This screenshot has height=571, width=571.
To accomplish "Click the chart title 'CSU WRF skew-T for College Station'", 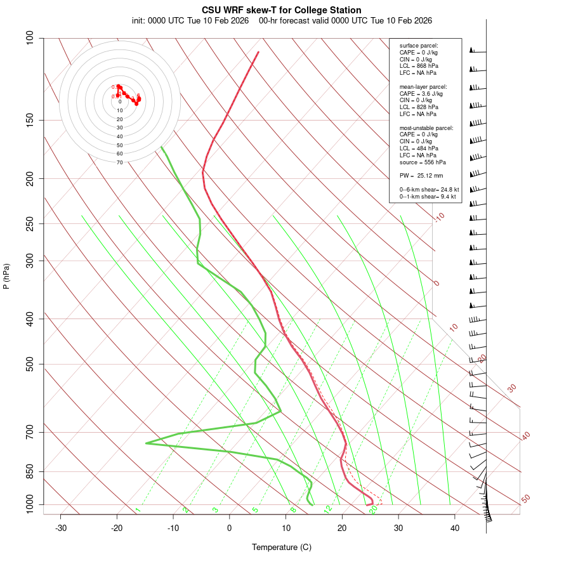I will point(282,10).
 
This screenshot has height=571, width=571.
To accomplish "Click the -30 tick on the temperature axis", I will point(61,528).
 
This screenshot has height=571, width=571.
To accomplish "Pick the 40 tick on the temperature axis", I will point(455,528).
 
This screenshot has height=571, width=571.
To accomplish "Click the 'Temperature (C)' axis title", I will point(282,547).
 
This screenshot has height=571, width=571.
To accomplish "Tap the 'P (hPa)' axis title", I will point(6,276).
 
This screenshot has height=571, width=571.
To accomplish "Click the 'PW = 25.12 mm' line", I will point(421,175).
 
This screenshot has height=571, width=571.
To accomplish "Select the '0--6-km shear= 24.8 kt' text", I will point(429,189).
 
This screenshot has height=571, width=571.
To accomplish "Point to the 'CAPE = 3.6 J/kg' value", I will point(421,93).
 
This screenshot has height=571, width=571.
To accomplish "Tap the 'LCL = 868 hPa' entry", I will point(419,66).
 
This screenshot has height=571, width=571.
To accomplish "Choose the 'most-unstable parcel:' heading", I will point(426,128).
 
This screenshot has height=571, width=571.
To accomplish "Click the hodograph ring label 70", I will point(119,162).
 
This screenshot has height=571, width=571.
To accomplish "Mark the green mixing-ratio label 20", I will point(373,509).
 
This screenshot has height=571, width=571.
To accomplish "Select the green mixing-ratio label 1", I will point(138,509).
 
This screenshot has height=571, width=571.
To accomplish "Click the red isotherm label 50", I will point(525,499).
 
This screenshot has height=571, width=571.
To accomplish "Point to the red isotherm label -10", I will point(439,217).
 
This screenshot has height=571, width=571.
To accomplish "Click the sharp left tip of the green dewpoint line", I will point(146,443).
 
